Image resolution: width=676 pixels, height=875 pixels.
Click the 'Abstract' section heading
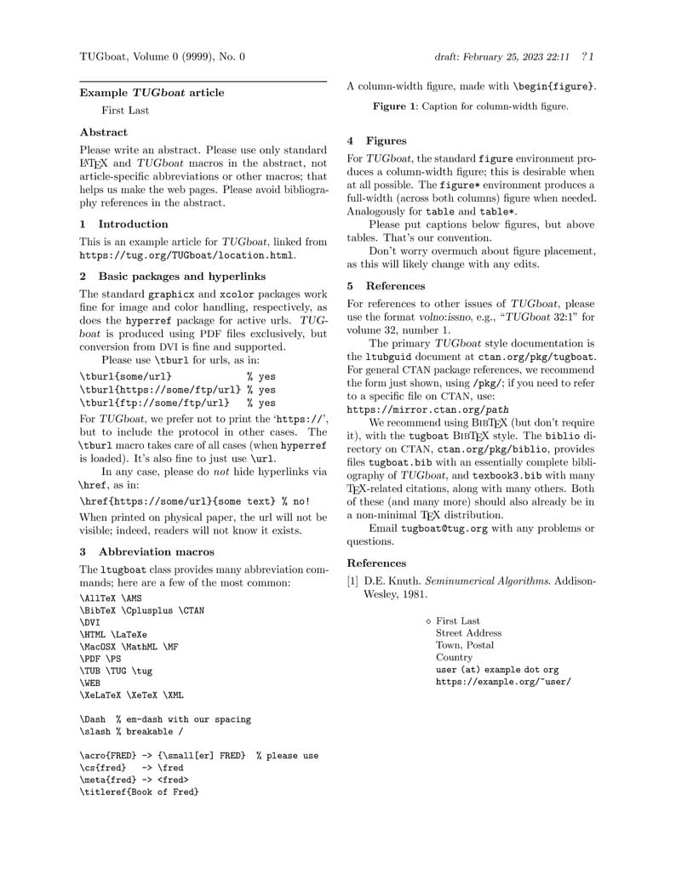(103, 132)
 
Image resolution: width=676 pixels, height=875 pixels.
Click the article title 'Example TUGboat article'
(152, 92)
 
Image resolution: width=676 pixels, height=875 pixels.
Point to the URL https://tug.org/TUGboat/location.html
(187, 254)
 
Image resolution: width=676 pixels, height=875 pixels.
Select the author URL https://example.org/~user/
(503, 682)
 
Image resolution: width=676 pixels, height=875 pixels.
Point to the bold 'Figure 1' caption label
(395, 106)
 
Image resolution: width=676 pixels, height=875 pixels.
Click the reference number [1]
(352, 580)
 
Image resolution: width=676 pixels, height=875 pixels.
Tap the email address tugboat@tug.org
(438, 528)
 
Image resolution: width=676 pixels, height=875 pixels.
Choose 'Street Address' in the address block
(468, 633)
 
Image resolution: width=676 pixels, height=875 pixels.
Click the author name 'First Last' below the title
(125, 111)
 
